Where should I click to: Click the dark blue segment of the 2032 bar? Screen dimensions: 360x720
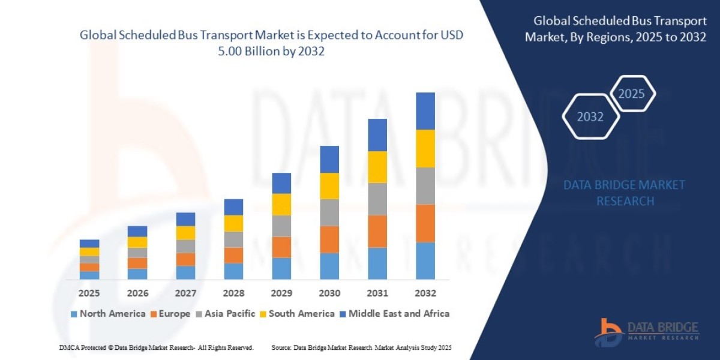(x=425, y=111)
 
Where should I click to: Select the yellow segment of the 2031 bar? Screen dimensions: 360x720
(x=377, y=167)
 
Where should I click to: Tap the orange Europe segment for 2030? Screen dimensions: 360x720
(x=329, y=239)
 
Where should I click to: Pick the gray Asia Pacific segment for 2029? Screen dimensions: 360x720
(x=281, y=226)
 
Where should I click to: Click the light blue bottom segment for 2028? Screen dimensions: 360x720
(x=233, y=271)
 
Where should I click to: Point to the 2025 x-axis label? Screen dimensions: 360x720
(x=89, y=293)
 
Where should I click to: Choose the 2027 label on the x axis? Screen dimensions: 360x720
(x=185, y=293)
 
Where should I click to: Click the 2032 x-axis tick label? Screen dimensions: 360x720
(x=425, y=293)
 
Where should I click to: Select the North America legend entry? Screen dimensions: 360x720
(x=108, y=313)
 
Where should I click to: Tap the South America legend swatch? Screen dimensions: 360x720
(x=263, y=314)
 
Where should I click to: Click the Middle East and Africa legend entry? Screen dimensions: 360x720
(x=394, y=313)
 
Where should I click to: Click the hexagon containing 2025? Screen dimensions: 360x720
(x=631, y=94)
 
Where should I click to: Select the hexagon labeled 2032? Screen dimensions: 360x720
(x=590, y=117)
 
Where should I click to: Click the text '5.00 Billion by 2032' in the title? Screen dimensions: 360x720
(x=271, y=52)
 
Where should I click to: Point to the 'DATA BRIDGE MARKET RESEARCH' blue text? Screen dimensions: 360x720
(x=625, y=193)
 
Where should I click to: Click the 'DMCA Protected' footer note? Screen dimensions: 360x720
(x=156, y=347)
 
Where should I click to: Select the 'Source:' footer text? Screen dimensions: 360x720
(x=361, y=347)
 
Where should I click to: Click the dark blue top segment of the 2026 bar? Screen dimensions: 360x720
(x=137, y=231)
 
